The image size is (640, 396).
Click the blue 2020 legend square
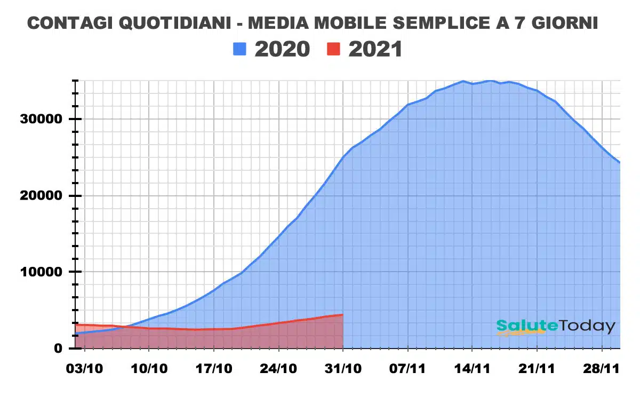coord(240,50)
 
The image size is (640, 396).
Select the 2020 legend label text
coord(282,50)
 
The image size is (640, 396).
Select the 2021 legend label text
coord(375,50)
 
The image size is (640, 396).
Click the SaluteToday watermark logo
coord(555,326)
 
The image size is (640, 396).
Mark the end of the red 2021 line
coord(342,315)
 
